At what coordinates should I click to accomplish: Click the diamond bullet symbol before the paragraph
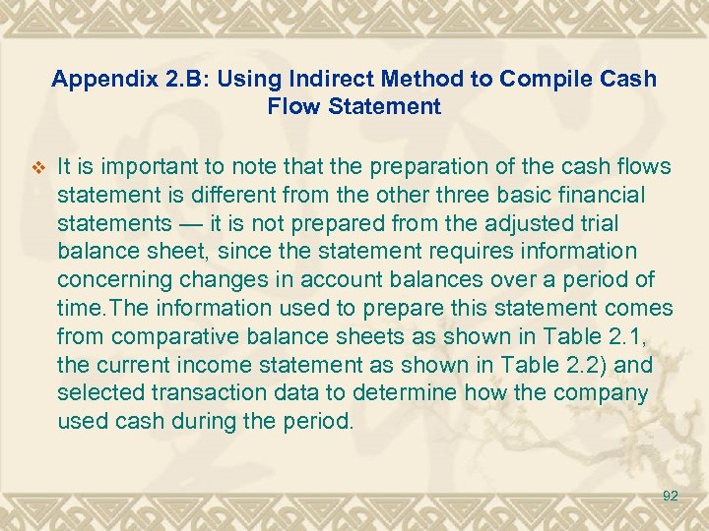(38, 165)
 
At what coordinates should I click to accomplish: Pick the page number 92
(670, 497)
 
